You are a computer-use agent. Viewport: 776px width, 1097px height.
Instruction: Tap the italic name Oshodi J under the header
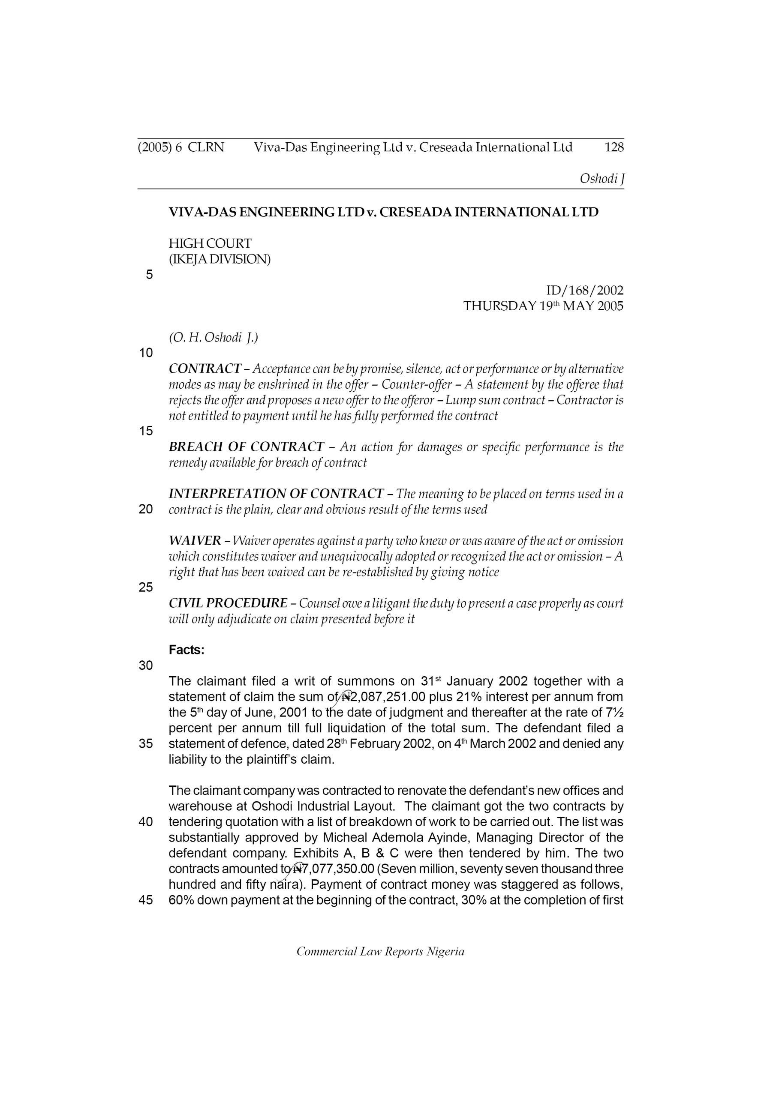[602, 179]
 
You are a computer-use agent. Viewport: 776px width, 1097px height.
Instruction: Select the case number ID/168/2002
[584, 290]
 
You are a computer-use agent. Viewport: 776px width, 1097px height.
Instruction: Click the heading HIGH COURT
[210, 243]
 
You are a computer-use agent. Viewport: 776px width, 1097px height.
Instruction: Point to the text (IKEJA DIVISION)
[220, 259]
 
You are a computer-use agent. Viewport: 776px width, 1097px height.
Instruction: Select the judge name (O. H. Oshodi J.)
[213, 338]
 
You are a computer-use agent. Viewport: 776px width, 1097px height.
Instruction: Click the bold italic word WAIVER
[195, 541]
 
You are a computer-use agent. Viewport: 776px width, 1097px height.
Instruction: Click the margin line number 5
[149, 275]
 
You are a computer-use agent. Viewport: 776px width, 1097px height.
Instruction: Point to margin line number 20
[146, 510]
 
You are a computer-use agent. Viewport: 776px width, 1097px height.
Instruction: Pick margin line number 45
[146, 900]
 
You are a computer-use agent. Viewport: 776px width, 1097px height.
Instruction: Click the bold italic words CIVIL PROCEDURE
[228, 603]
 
